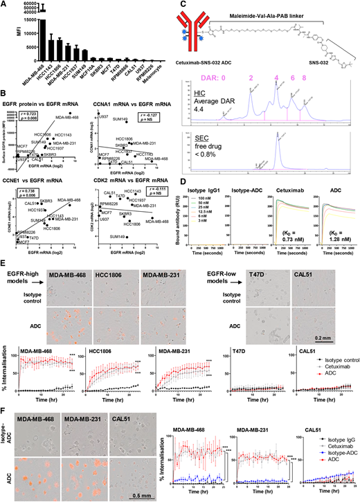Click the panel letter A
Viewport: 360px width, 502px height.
click(5, 5)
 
